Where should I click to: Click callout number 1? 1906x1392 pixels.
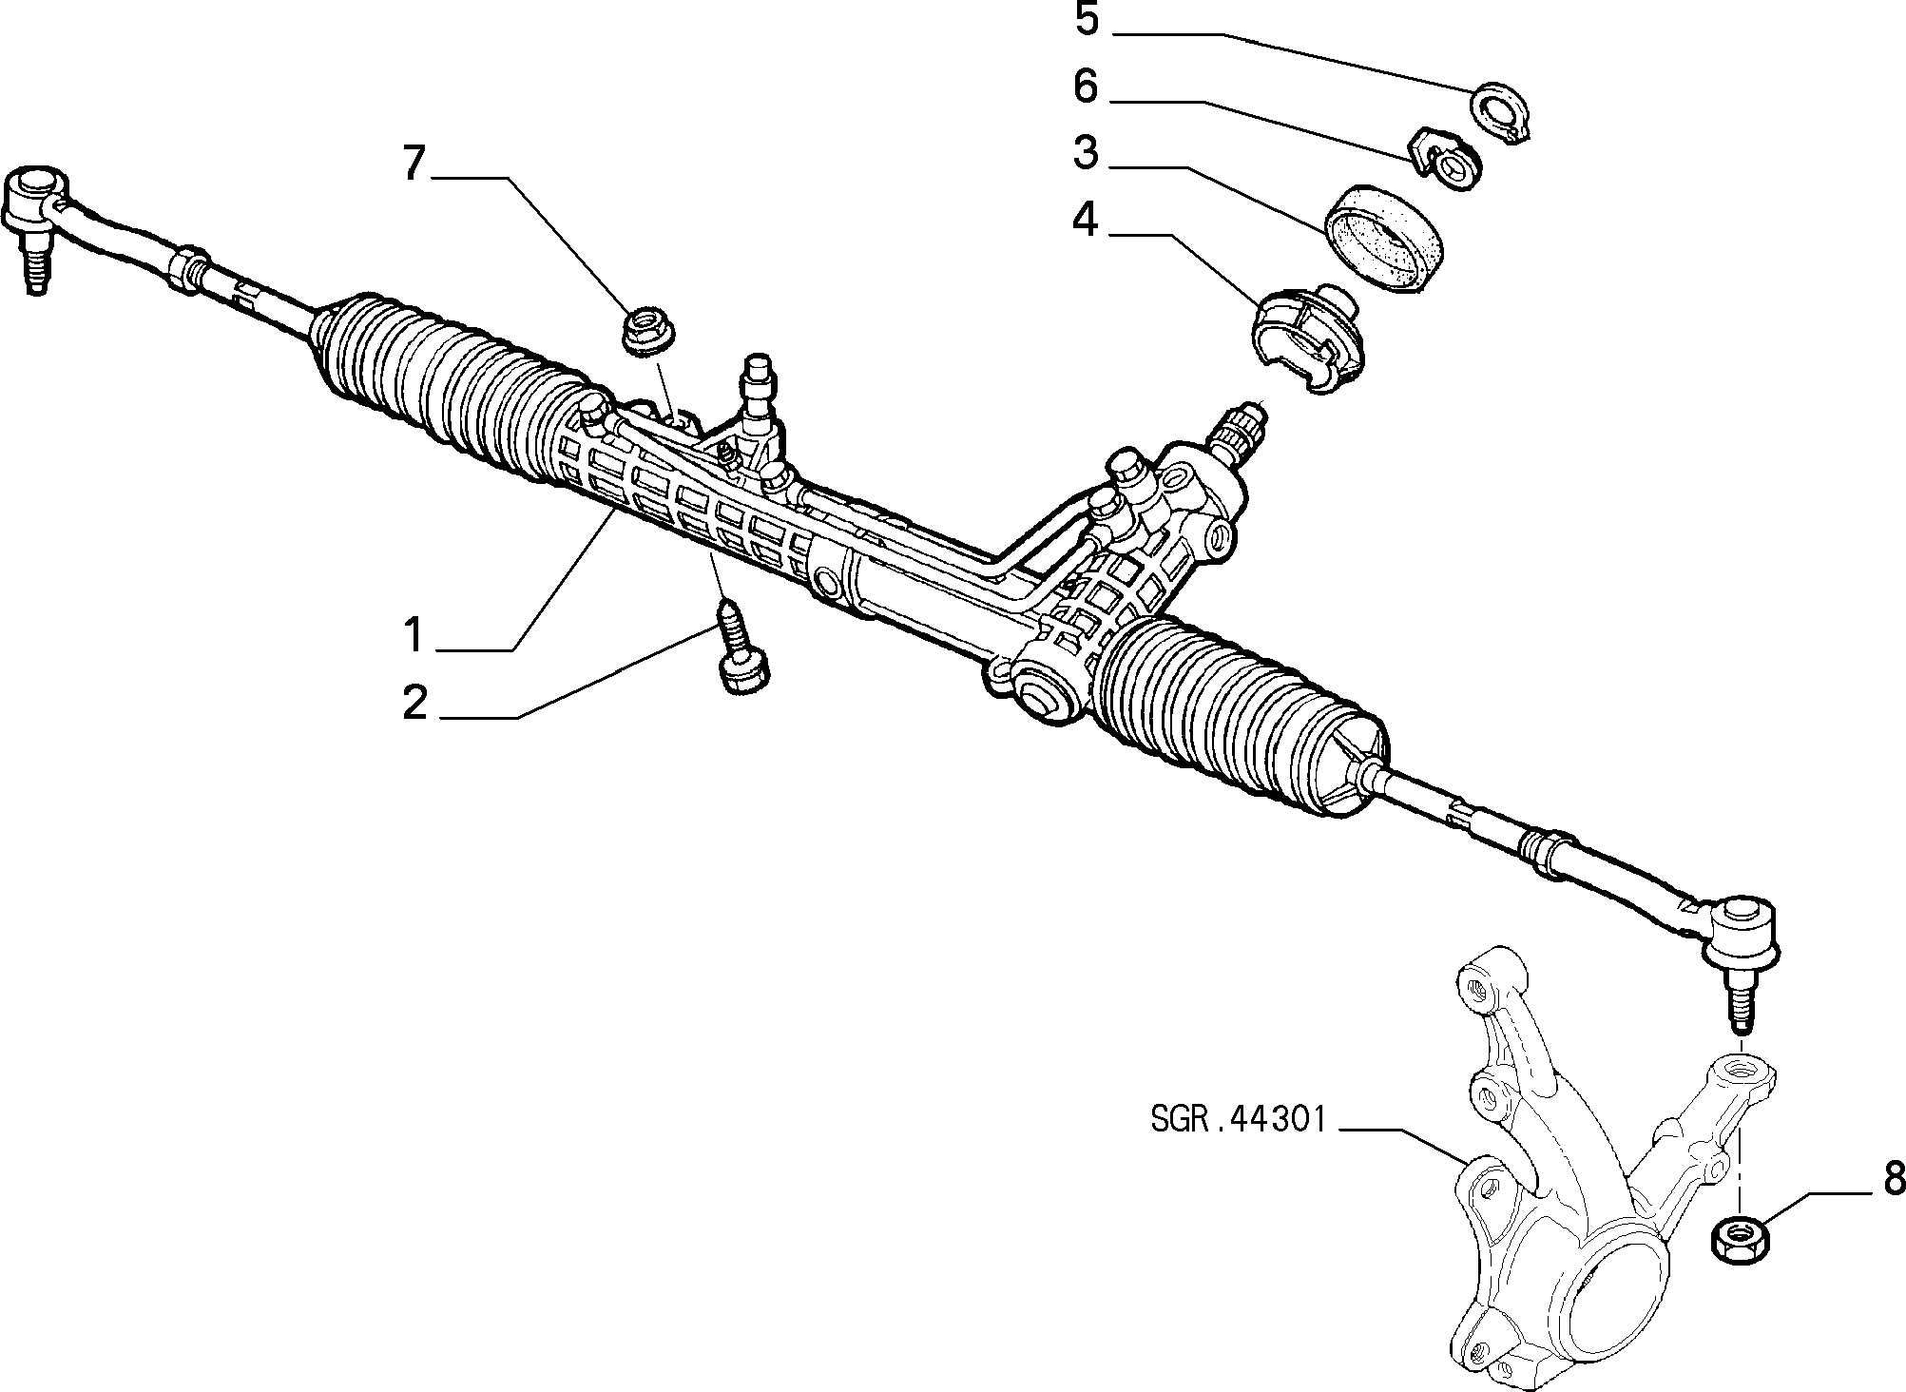(x=413, y=634)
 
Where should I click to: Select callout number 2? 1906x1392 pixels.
(x=415, y=703)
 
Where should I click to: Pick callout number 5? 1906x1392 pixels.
(x=1087, y=19)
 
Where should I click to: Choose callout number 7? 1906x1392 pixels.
(x=412, y=164)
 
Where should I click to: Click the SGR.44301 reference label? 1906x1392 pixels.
(x=1238, y=1119)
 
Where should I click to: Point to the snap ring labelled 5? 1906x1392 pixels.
(x=1504, y=114)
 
